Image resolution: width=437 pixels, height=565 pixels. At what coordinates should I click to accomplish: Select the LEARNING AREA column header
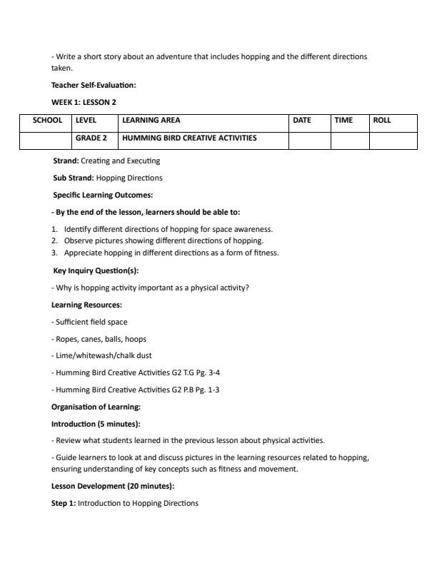click(151, 121)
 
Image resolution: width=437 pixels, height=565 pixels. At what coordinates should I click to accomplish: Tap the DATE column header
click(302, 121)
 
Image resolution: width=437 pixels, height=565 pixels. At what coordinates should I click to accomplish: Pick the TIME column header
click(343, 121)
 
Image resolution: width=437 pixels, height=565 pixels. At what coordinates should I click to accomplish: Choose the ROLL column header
click(382, 121)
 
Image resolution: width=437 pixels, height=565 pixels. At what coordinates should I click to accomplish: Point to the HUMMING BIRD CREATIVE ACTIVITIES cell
click(189, 138)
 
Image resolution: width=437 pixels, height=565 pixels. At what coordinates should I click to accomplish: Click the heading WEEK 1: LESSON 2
click(84, 102)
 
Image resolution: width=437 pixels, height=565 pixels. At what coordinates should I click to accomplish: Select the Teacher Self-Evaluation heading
click(94, 86)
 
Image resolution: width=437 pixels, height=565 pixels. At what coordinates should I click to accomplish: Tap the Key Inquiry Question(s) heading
click(96, 270)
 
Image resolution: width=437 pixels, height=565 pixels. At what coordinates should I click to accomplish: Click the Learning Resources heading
click(86, 305)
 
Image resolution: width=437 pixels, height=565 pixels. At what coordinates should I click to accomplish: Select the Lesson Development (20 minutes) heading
click(113, 486)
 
